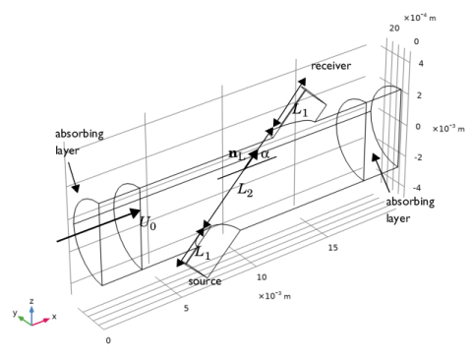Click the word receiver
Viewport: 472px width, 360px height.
click(x=330, y=66)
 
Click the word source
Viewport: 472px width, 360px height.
click(x=205, y=281)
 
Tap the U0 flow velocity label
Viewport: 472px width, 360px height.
click(x=147, y=222)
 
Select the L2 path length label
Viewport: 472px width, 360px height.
click(x=245, y=190)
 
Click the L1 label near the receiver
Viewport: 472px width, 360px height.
click(x=300, y=109)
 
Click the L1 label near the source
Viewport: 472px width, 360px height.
click(x=203, y=253)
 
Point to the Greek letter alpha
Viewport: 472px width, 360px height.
click(x=265, y=153)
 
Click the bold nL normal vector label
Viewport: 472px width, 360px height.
click(x=237, y=154)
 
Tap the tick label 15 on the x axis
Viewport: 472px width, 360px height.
click(x=332, y=248)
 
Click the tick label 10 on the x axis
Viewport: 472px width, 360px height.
click(x=262, y=277)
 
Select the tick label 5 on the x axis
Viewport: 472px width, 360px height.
click(x=186, y=308)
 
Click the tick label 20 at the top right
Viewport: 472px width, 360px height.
click(x=394, y=29)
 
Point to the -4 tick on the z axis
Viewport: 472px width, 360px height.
click(x=417, y=188)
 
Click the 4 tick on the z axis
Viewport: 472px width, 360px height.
click(x=421, y=63)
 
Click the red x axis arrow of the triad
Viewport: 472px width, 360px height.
click(x=40, y=322)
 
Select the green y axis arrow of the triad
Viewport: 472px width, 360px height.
click(x=25, y=321)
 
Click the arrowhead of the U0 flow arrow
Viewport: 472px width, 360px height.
click(x=136, y=212)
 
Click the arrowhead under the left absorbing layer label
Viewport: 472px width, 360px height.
click(x=76, y=188)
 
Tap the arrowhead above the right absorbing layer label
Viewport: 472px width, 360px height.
click(x=376, y=158)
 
